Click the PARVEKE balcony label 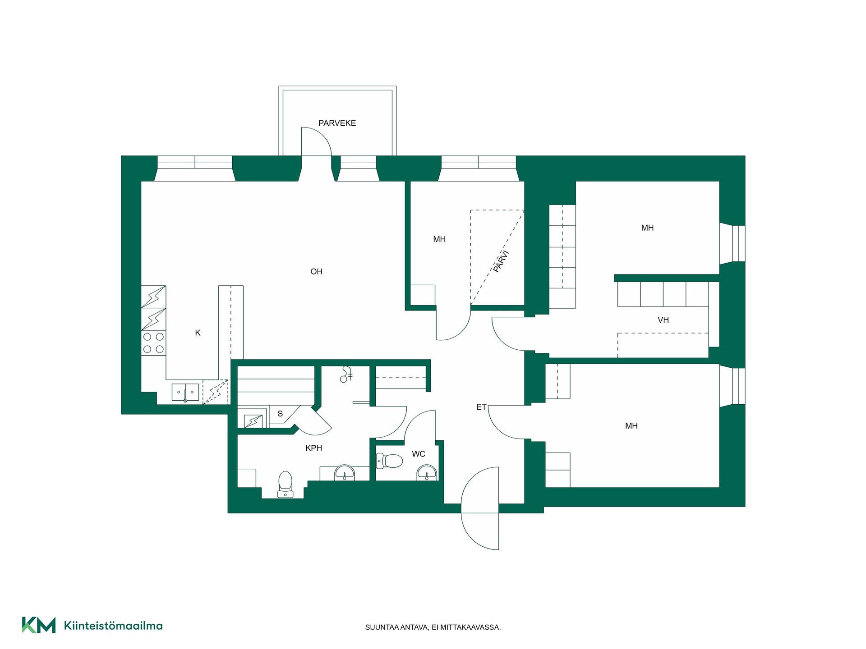[337, 123]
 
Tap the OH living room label [316, 271]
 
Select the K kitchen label [198, 333]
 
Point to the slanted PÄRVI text [501, 261]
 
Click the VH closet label [663, 320]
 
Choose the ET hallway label [481, 407]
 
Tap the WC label [419, 454]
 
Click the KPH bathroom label [313, 448]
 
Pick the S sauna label [280, 414]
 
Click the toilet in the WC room [389, 461]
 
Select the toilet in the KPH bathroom [285, 484]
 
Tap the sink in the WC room [427, 473]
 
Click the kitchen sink [185, 392]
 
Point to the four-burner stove [153, 343]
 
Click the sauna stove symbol [253, 421]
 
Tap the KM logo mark [39, 625]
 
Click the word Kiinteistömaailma [113, 626]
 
